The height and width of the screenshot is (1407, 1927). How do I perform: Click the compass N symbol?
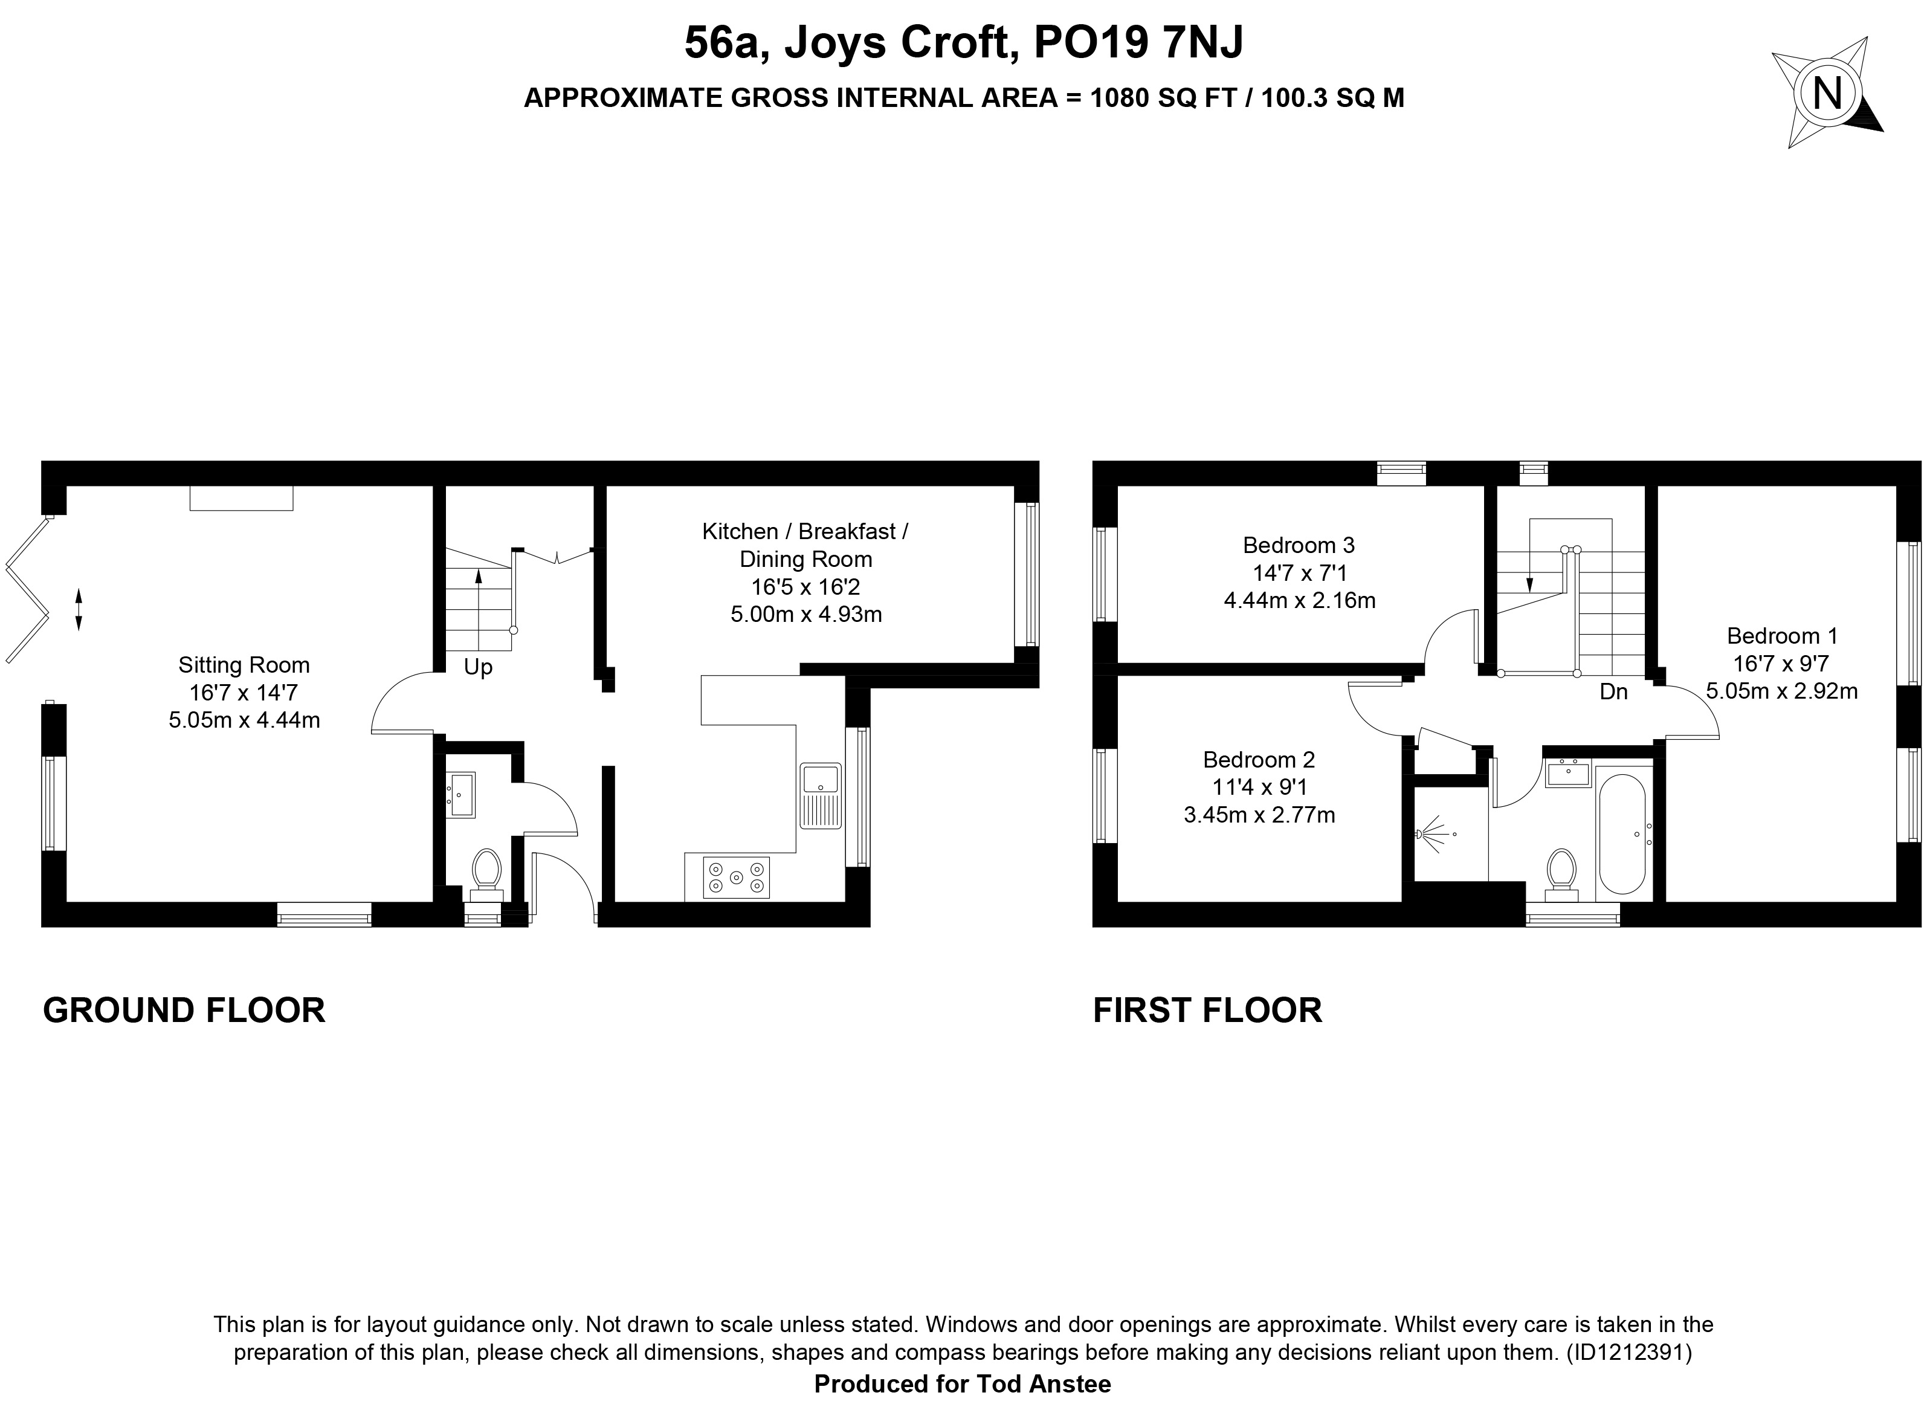point(1827,94)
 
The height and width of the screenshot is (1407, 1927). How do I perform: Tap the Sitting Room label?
point(244,665)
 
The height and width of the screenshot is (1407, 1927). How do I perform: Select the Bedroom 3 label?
point(1299,545)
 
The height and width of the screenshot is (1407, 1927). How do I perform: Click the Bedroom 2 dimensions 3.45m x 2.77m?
point(1259,815)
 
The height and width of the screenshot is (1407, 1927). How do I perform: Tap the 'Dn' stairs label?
point(1613,691)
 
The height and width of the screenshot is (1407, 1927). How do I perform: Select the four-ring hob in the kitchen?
point(737,877)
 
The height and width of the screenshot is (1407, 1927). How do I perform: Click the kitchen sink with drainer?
point(820,797)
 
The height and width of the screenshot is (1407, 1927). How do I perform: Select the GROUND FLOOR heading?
point(184,1010)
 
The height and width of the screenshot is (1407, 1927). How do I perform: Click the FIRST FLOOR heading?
point(1207,1010)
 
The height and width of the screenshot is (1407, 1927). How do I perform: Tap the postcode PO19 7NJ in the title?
point(1138,44)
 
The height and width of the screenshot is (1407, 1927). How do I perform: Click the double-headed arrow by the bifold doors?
point(79,609)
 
